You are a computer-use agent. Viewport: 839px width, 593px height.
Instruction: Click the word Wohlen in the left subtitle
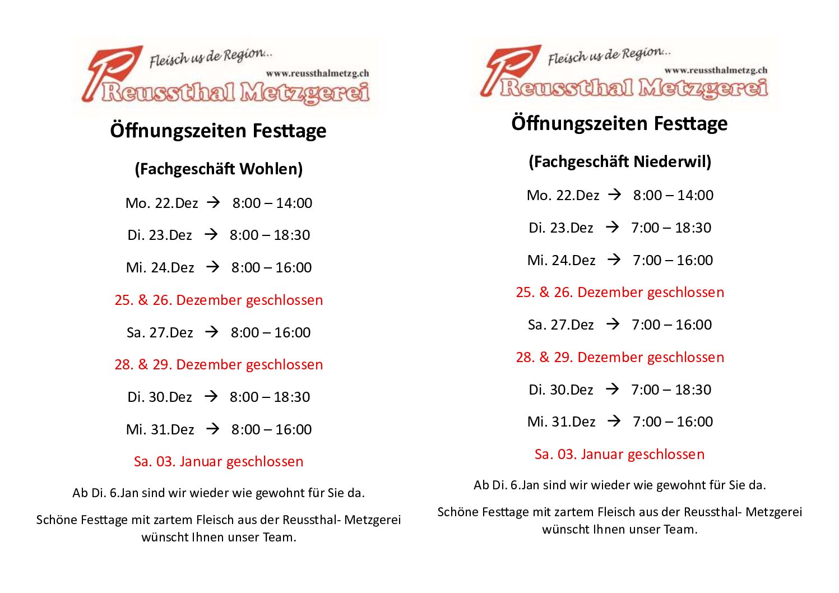tap(270, 169)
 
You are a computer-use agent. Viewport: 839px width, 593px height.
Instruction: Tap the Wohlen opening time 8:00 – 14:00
tap(272, 203)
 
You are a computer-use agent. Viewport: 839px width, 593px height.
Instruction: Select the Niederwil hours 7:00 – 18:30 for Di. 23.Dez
tap(671, 228)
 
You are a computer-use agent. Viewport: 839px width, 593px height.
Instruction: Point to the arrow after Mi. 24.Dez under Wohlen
tap(212, 267)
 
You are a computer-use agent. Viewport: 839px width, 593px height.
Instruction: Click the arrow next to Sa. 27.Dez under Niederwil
tap(613, 324)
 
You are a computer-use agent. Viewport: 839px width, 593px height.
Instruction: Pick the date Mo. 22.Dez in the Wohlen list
tap(161, 203)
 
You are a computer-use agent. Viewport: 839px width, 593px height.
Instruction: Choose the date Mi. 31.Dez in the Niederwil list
tap(561, 421)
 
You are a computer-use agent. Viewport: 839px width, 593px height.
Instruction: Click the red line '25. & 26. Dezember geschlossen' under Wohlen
tap(219, 300)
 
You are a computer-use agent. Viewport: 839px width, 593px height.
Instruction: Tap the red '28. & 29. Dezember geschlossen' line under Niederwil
tap(620, 357)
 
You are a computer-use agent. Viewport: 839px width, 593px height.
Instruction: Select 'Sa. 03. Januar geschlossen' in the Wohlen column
tap(219, 461)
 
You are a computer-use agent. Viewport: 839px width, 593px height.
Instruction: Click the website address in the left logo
tap(317, 73)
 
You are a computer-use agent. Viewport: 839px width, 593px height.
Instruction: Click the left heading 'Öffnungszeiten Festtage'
tap(219, 131)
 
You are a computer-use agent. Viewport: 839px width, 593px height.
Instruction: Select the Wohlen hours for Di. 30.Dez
tap(270, 397)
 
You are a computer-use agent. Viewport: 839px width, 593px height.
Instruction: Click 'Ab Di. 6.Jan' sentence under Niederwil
tap(620, 485)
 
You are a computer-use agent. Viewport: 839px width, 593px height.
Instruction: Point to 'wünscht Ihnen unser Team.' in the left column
tap(219, 537)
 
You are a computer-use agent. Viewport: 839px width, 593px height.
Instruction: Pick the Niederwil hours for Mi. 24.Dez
tap(673, 260)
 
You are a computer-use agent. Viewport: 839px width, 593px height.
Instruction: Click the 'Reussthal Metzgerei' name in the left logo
tap(235, 92)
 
